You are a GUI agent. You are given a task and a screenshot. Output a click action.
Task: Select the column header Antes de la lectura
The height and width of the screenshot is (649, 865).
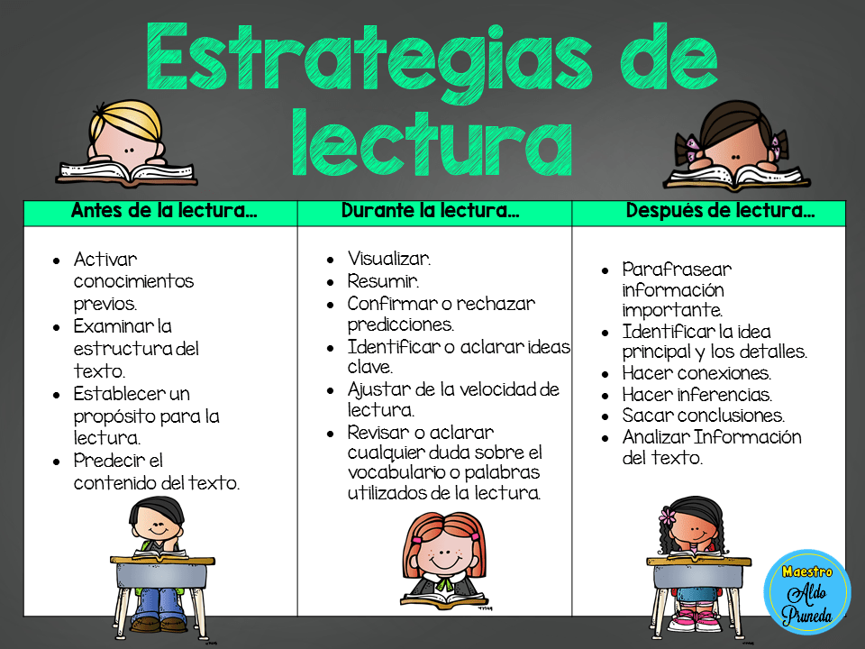[x=164, y=212]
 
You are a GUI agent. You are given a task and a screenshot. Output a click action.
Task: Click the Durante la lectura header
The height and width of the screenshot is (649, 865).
[x=430, y=212]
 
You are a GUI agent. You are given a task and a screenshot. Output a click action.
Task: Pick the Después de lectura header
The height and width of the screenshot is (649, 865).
[x=720, y=212]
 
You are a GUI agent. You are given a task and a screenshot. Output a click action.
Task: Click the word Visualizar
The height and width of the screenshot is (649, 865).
[x=389, y=259]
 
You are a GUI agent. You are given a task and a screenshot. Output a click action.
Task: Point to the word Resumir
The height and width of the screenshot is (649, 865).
[x=383, y=281]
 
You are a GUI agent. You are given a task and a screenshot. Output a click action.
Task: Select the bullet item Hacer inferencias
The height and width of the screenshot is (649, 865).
[x=697, y=394]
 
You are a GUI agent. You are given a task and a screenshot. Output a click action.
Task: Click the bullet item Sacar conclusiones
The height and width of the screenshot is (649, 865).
[x=703, y=416]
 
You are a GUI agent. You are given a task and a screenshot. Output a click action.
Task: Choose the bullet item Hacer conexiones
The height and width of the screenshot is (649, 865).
[x=696, y=372]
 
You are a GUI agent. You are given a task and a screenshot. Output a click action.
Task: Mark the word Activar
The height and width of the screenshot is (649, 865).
[x=105, y=259]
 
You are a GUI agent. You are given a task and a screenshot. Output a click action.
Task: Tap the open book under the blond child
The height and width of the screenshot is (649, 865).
[x=114, y=171]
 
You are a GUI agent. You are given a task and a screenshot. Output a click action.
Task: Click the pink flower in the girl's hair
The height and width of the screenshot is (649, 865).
[x=668, y=516]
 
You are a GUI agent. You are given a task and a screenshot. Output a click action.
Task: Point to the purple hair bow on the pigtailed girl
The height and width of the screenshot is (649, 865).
[x=691, y=145]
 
